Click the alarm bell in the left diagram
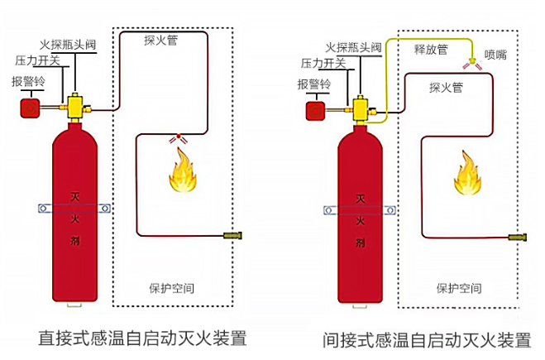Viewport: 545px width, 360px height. click(x=31, y=108)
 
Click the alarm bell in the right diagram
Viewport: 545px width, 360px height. click(x=316, y=110)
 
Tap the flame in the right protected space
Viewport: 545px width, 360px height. click(x=466, y=174)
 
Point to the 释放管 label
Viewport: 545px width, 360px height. click(x=431, y=50)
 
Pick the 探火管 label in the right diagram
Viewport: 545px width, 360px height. click(x=446, y=86)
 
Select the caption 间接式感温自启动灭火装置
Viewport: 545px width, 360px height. click(x=427, y=339)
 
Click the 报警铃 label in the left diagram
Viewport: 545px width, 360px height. click(x=27, y=81)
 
